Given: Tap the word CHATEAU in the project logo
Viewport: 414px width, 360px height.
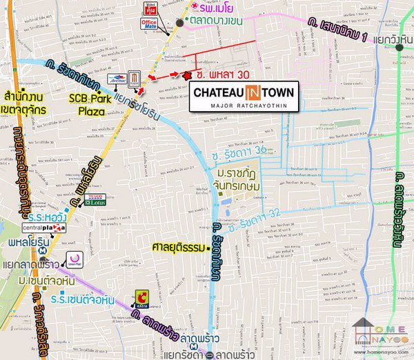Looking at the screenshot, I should (x=220, y=92).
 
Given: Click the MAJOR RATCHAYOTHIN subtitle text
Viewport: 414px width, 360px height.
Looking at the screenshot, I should (x=244, y=105).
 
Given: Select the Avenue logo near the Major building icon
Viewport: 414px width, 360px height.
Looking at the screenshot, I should (x=117, y=78).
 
